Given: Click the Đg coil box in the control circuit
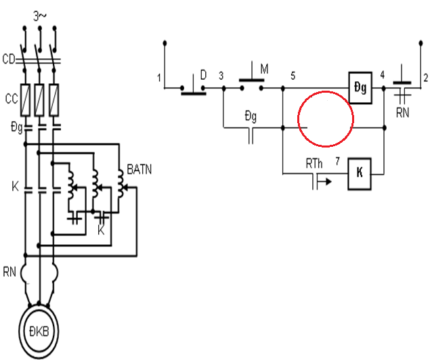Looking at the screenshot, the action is (x=360, y=87).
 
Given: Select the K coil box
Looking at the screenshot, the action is (x=360, y=174).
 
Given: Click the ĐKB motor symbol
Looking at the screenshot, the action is (x=39, y=331).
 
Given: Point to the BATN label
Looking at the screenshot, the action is (x=139, y=170).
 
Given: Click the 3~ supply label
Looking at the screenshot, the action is (x=40, y=16).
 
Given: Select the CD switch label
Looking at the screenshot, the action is (x=9, y=60).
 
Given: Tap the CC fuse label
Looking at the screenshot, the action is (x=12, y=99).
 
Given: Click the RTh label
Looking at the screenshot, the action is (x=314, y=164).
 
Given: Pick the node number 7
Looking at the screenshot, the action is (x=337, y=161).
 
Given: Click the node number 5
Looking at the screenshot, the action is (x=293, y=76).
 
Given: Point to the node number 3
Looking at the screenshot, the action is (x=221, y=76).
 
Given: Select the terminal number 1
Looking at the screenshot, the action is (x=159, y=78).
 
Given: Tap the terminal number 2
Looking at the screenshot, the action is (x=426, y=78).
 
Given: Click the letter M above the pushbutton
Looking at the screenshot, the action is (x=264, y=69).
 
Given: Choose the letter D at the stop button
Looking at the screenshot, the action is (x=203, y=75).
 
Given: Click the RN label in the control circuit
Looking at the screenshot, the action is (x=402, y=112).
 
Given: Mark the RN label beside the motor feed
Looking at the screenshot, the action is (x=9, y=272).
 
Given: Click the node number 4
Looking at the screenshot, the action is (x=382, y=74).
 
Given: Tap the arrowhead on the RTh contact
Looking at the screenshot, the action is (x=328, y=181).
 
